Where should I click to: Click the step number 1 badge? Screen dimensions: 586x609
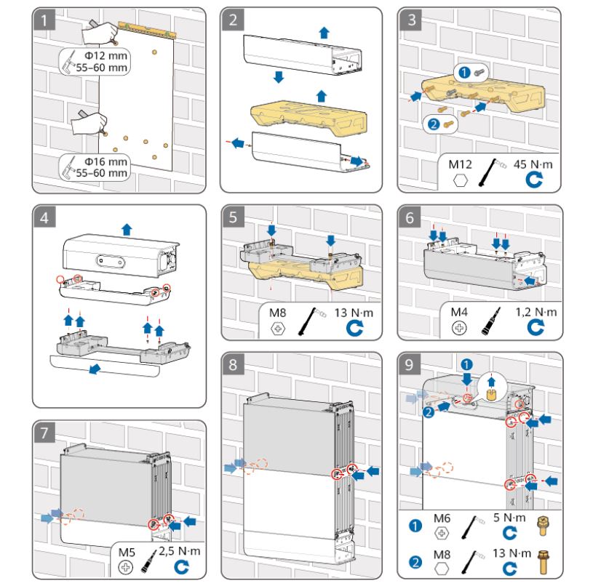pyautogui.click(x=45, y=20)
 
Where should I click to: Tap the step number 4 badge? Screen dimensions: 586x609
pyautogui.click(x=45, y=217)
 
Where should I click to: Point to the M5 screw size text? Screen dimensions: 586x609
pyautogui.click(x=126, y=550)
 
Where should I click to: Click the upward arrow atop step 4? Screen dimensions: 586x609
pyautogui.click(x=127, y=229)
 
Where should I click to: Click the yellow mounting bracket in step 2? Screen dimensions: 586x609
pyautogui.click(x=303, y=117)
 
